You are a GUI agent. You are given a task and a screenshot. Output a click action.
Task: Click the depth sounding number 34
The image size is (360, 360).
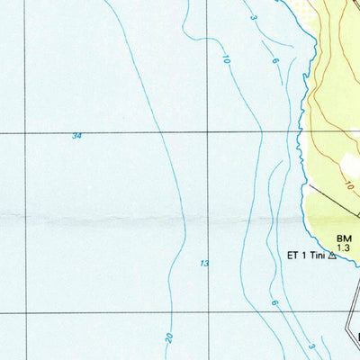point(77,136)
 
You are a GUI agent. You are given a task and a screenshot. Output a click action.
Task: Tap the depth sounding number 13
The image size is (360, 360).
point(205,263)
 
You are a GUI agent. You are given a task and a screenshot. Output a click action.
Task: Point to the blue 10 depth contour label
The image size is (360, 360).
point(224,58)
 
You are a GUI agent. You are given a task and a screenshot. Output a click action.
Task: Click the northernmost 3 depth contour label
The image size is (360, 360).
point(255,18)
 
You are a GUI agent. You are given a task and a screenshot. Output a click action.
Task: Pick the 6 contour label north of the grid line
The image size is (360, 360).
point(274,59)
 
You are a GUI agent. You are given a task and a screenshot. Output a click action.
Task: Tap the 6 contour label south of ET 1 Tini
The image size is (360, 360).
point(274,304)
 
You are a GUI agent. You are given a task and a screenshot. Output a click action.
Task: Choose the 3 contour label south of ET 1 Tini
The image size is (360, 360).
point(310,346)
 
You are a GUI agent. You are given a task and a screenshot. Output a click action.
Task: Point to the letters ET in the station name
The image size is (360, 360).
point(292,256)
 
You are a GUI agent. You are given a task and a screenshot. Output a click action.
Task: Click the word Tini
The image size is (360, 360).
point(317,256)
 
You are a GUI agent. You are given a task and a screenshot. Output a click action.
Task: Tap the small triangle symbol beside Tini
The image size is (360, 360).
point(332,256)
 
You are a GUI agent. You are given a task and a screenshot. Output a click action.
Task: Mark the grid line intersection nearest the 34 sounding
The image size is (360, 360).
point(25,132)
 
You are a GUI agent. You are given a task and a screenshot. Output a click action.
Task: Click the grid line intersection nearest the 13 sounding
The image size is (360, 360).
point(208,314)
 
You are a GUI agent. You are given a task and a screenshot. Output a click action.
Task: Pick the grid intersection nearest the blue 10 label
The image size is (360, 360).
point(208,132)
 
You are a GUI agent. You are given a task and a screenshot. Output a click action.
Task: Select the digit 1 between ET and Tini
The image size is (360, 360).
point(304,256)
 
